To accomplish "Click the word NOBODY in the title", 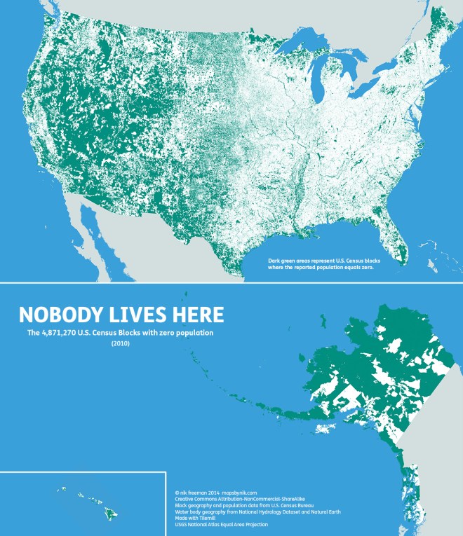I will (58, 314).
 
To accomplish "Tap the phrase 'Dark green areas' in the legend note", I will (290, 261).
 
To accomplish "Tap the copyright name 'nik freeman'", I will (193, 493).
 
